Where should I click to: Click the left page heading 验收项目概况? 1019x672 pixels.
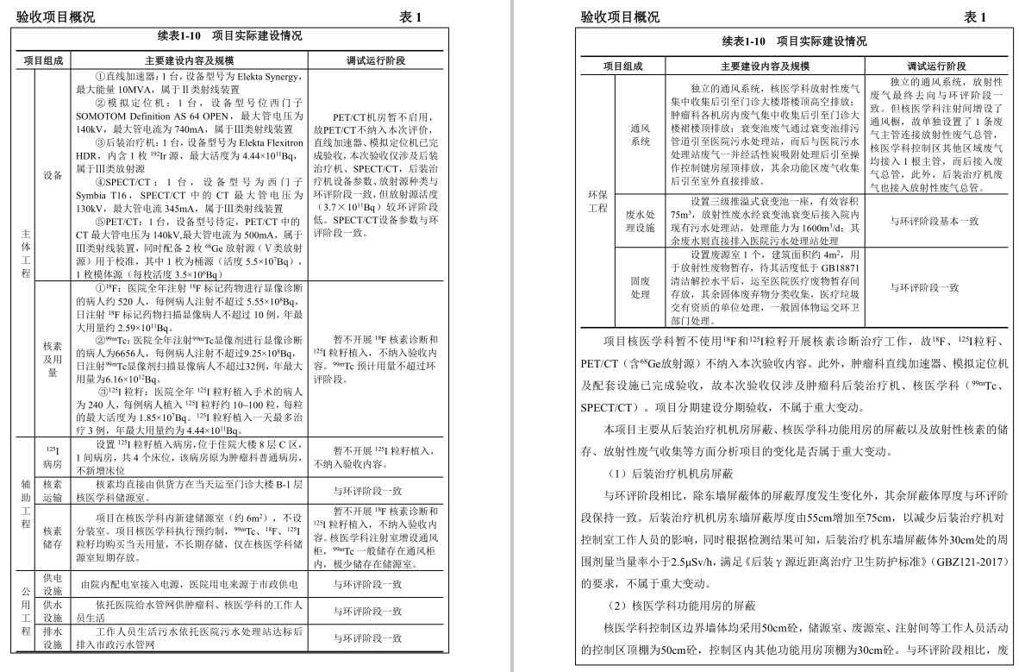click(53, 17)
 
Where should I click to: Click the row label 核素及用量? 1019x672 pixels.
click(53, 359)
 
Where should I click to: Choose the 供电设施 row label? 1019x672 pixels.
click(53, 584)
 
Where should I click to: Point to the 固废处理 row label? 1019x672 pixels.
click(641, 287)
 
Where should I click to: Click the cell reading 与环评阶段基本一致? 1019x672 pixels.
click(935, 221)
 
